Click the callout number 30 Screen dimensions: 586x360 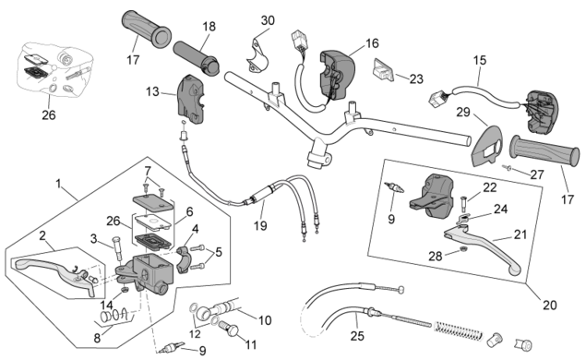[268, 20]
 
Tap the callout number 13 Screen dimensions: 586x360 [152, 91]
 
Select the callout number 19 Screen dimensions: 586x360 [260, 225]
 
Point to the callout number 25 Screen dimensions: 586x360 [357, 336]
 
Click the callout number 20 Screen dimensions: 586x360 [550, 305]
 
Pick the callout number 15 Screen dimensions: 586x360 [480, 60]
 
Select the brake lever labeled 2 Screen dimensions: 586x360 [54, 270]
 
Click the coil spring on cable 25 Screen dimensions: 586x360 [459, 331]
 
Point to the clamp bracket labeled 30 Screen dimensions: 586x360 [257, 54]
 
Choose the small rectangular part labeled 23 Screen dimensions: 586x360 [383, 69]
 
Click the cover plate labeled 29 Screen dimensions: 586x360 [486, 146]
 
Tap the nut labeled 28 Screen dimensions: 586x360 [462, 249]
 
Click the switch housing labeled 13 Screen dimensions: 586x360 [192, 100]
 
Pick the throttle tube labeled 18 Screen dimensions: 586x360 [196, 57]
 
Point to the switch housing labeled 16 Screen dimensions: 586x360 [336, 75]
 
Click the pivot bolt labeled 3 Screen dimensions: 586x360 [116, 248]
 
